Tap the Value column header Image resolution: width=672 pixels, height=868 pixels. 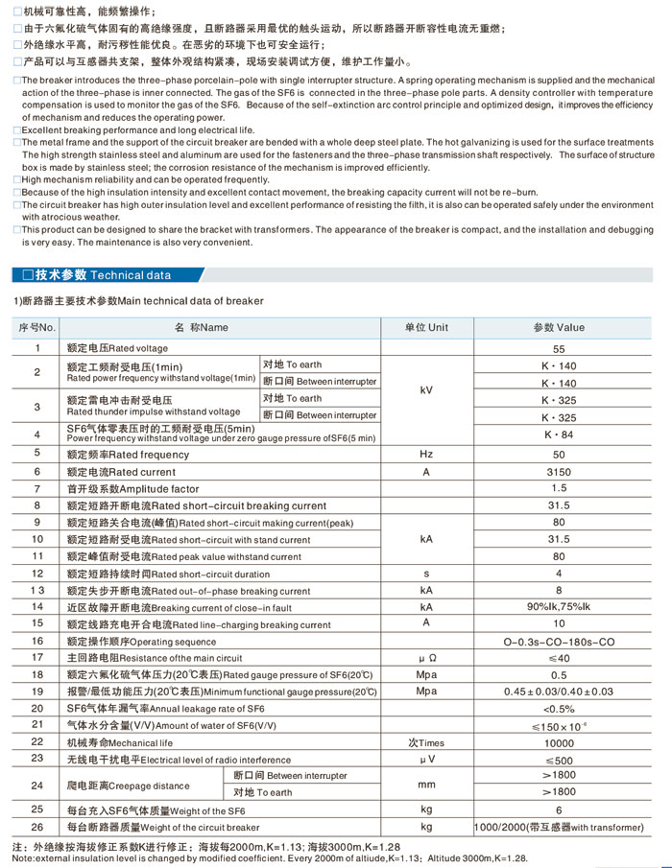[559, 327]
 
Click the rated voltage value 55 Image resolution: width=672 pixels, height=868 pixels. [560, 348]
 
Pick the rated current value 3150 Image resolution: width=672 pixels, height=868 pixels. [560, 471]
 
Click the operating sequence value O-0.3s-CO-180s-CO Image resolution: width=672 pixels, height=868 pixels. [560, 641]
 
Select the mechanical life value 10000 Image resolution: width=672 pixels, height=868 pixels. [560, 742]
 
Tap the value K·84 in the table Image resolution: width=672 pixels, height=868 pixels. [560, 434]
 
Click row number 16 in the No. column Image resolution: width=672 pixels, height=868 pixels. [37, 641]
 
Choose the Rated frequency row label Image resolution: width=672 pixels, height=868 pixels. [128, 454]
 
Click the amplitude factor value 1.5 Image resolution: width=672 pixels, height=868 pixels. [560, 488]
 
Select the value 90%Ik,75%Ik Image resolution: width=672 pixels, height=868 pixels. [560, 607]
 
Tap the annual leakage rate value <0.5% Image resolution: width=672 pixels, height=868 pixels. [560, 708]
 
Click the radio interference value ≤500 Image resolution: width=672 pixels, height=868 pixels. [560, 759]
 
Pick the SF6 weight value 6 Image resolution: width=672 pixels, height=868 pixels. [560, 810]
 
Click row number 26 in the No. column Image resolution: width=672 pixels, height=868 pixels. [37, 827]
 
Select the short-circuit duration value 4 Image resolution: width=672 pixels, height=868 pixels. [560, 574]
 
